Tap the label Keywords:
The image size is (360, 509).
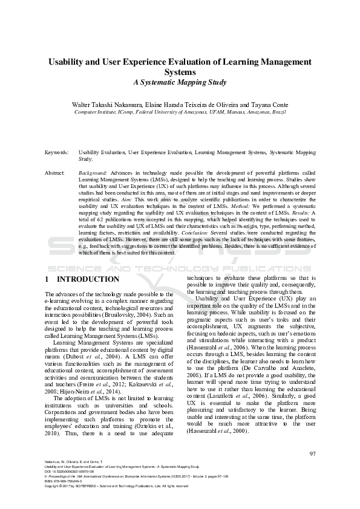[57, 154]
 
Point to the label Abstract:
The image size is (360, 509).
[56, 173]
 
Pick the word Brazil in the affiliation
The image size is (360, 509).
[278, 112]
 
